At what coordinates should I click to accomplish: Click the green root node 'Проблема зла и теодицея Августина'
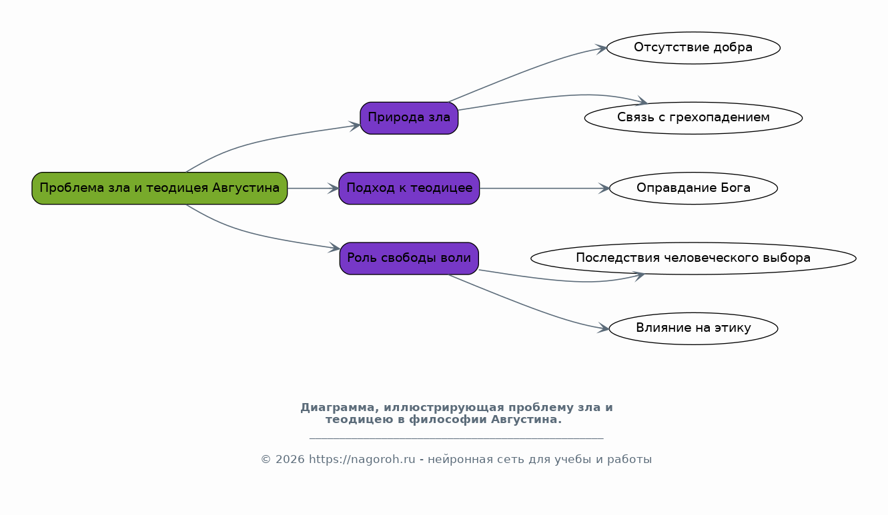pos(159,188)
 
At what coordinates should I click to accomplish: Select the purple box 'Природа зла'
pos(409,118)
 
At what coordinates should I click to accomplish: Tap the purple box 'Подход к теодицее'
pos(409,188)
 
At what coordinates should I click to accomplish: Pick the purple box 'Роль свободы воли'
pos(409,258)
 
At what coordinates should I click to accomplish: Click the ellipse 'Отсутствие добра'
pos(693,48)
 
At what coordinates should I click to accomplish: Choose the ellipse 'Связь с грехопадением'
pos(693,118)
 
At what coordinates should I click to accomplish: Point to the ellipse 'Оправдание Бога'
pos(693,188)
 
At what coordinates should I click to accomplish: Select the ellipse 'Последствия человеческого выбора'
pos(693,258)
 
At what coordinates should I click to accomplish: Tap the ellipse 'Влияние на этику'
pos(693,328)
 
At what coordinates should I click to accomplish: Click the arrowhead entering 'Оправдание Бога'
pos(604,188)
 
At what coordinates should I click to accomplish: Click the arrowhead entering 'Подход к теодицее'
pos(334,188)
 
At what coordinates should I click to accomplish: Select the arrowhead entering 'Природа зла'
pos(355,126)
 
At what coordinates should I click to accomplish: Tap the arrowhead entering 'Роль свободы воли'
pos(334,249)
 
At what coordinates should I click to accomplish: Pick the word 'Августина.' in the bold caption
pos(526,419)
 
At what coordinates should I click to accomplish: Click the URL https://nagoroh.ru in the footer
pos(362,460)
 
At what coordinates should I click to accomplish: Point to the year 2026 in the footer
pos(290,460)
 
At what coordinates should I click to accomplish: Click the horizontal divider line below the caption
pos(456,438)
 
